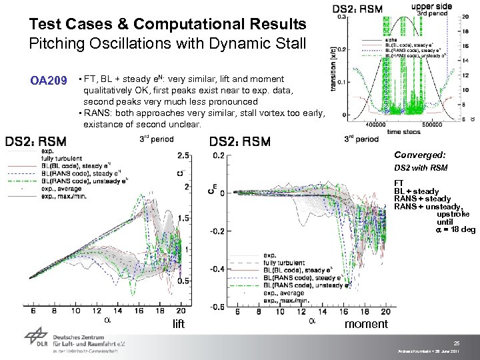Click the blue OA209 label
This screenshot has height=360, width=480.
(49, 81)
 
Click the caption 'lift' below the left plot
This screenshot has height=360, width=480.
(179, 324)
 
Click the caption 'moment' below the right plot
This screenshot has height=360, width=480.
(366, 324)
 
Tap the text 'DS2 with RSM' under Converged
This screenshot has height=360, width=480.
(421, 167)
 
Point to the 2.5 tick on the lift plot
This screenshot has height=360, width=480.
(181, 155)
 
